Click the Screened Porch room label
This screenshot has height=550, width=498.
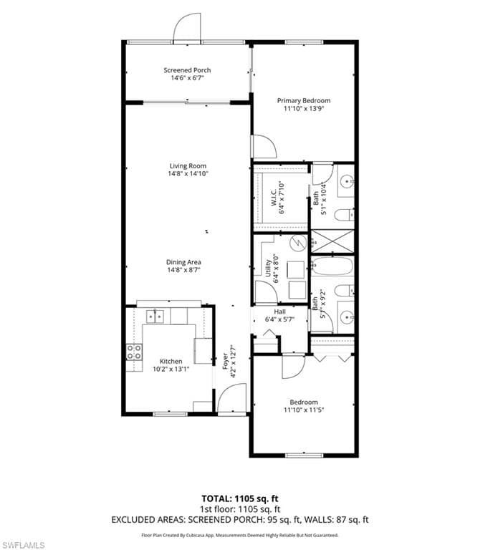187,70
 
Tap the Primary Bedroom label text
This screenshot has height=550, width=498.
304,101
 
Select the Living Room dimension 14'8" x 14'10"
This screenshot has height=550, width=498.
188,173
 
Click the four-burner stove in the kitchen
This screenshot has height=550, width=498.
134,351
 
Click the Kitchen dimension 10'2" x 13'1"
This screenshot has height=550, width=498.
171,370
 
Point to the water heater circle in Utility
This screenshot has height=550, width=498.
297,243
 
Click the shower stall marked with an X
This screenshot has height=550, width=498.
332,241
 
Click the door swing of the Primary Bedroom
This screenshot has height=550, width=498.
264,147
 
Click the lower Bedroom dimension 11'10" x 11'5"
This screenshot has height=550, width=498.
304,410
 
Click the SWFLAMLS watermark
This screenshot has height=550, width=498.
23,544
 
